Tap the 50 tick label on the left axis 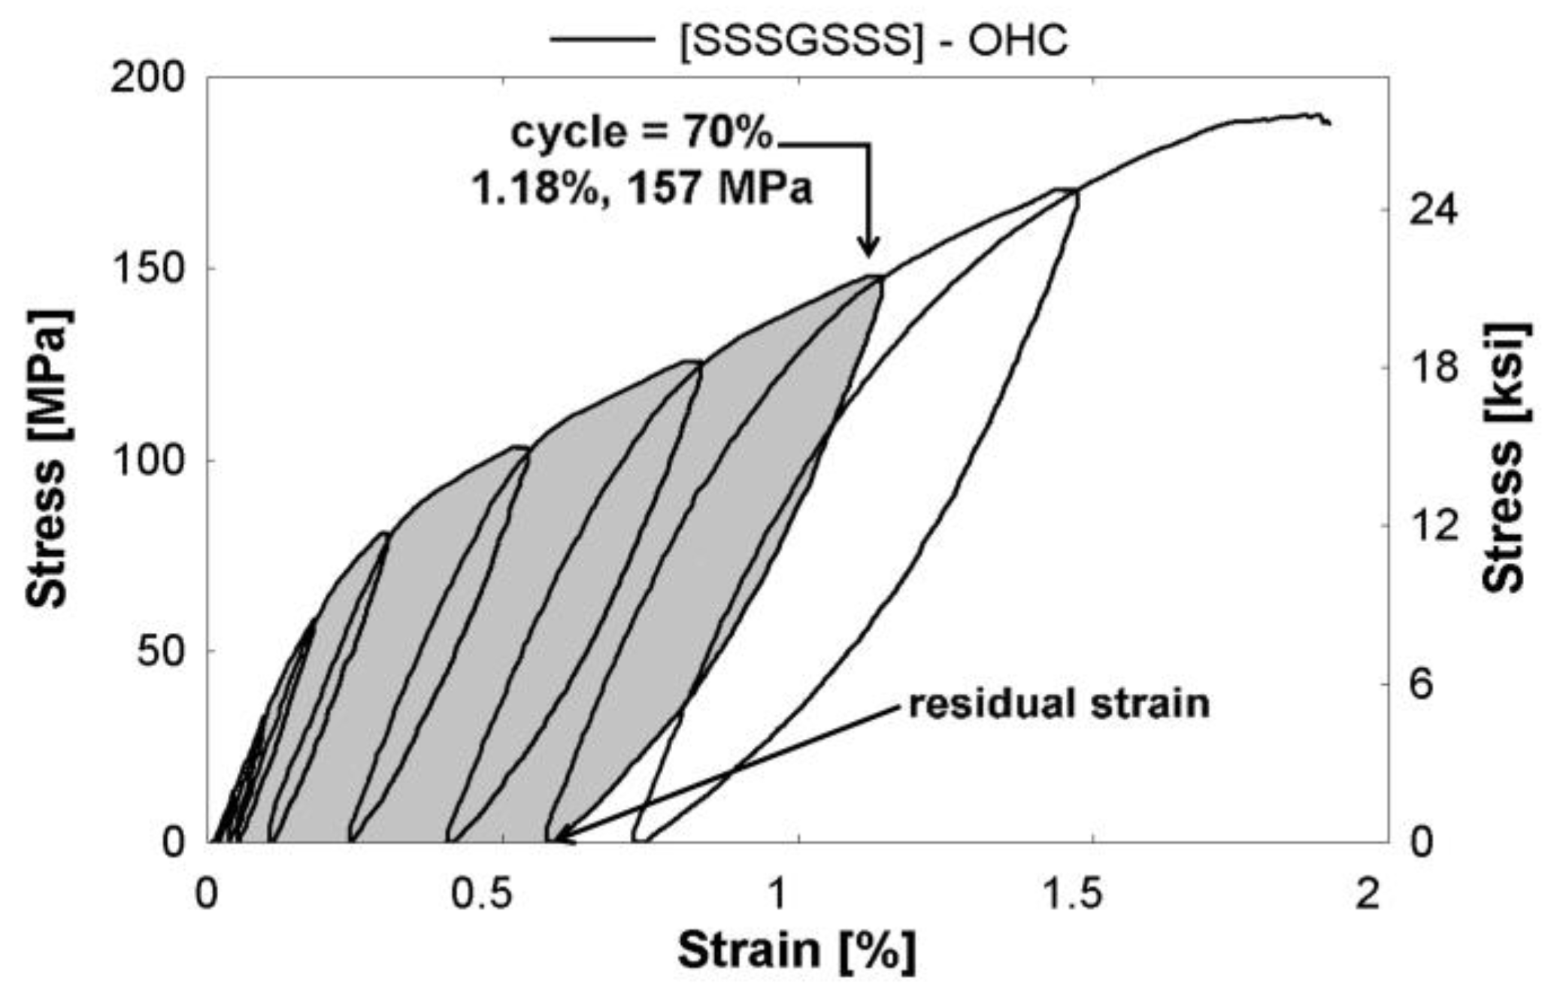[x=160, y=650]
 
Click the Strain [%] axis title [x=797, y=950]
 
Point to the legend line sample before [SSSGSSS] [x=601, y=39]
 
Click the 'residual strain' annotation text [x=1059, y=704]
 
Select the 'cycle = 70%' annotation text [x=641, y=133]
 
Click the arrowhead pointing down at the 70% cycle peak [x=869, y=247]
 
